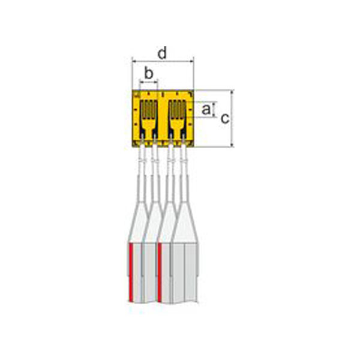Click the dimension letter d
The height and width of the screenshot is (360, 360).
(162, 53)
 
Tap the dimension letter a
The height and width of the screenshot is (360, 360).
(206, 109)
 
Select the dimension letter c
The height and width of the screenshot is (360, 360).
(224, 118)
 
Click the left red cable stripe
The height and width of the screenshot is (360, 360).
(130, 270)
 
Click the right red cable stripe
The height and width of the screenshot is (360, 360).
(160, 270)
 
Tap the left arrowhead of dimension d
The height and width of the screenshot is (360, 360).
(133, 61)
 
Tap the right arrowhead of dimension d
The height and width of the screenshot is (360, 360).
(192, 61)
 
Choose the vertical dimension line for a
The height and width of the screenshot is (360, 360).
(214, 109)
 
